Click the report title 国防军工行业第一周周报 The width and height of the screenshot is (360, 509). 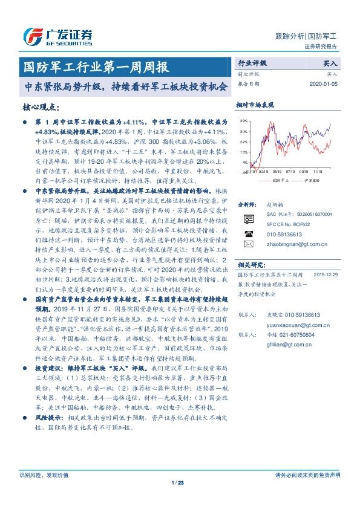[x=94, y=65]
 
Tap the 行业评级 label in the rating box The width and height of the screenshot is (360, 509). [x=252, y=63]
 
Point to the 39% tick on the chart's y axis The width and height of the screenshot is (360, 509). [x=243, y=121]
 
